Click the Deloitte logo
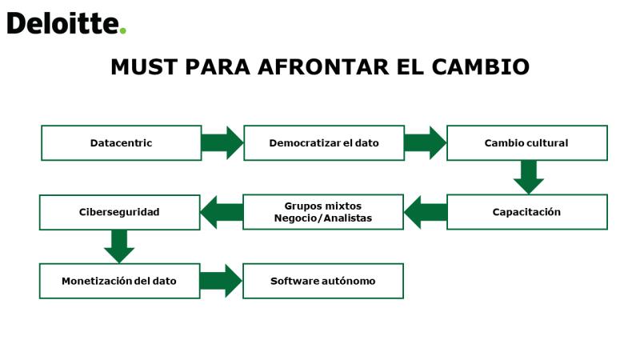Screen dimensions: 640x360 click(66, 23)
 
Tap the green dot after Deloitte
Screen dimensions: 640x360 click(122, 30)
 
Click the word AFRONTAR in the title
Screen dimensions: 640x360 click(323, 66)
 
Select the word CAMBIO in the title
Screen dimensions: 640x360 click(481, 66)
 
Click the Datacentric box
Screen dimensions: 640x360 click(122, 143)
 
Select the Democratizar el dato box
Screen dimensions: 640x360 click(324, 143)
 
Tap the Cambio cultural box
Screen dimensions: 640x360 click(527, 143)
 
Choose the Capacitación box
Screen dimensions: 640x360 click(527, 212)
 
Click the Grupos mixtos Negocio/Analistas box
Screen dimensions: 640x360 click(323, 212)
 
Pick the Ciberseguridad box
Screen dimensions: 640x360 click(119, 212)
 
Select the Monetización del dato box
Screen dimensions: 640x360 click(119, 281)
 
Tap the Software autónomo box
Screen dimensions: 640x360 click(323, 281)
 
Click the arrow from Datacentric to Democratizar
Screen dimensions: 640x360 click(222, 143)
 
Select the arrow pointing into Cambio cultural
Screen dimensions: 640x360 click(426, 143)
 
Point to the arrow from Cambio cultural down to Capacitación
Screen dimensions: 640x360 click(529, 177)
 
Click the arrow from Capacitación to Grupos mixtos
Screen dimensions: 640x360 click(426, 212)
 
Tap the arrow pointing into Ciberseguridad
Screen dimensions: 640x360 click(222, 212)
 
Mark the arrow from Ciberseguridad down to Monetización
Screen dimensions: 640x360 click(119, 246)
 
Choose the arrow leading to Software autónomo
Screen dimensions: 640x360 click(222, 281)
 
